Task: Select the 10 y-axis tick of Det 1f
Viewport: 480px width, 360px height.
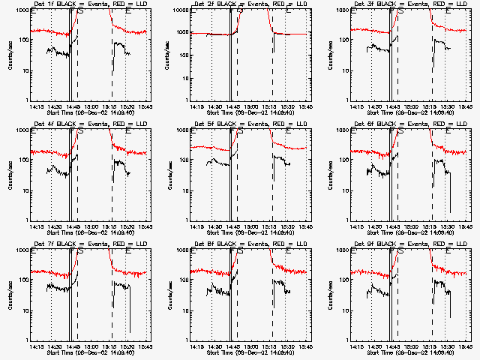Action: click(x=24, y=70)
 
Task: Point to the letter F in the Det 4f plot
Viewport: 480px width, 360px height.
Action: click(x=73, y=130)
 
